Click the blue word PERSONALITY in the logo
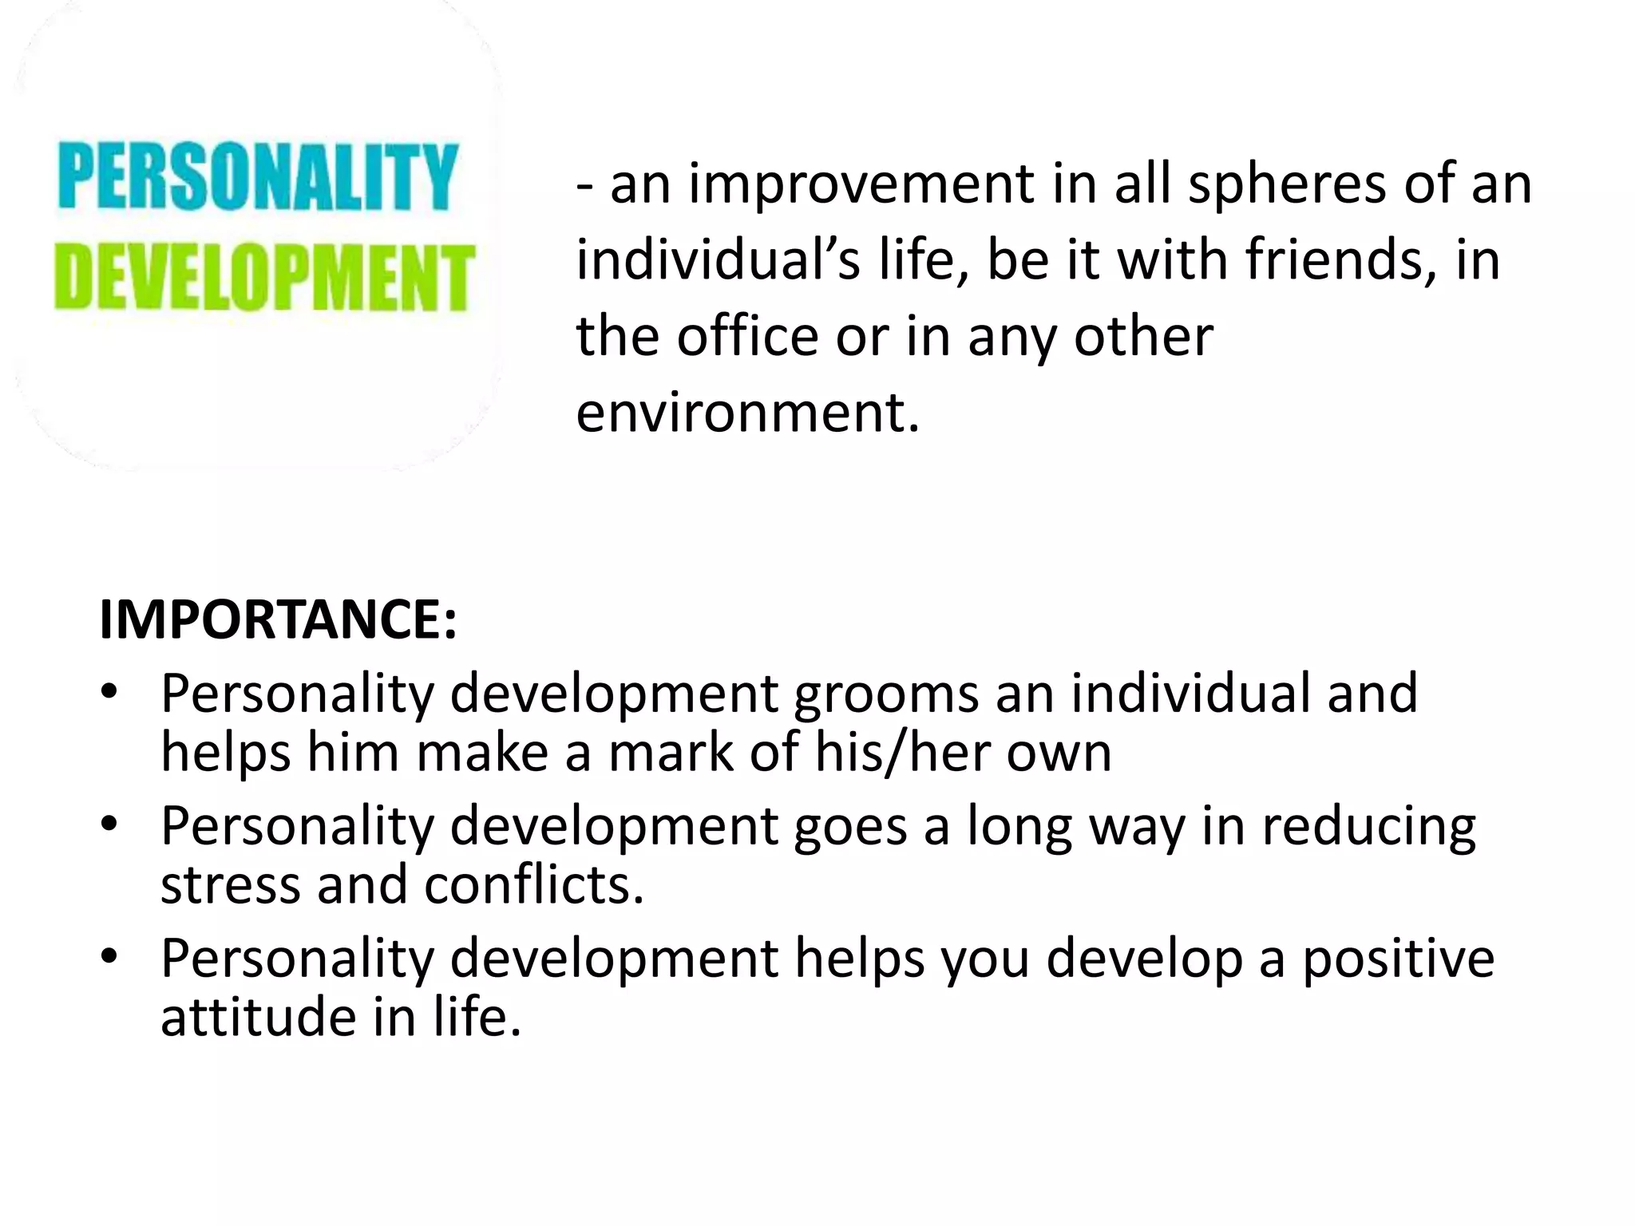coord(258,176)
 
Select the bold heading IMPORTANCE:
coord(278,620)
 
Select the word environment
coord(747,413)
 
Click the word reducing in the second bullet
coord(1368,827)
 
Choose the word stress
coord(231,885)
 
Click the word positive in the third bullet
coord(1398,959)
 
